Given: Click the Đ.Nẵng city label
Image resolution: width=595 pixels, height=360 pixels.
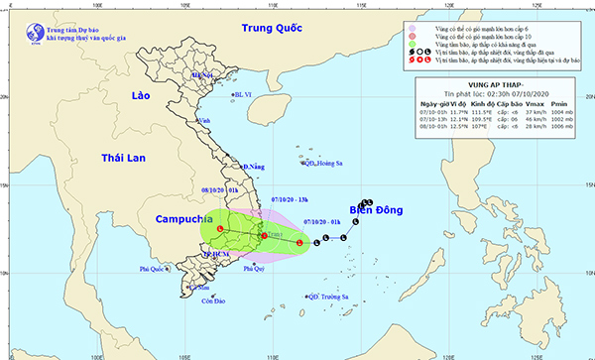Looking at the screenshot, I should pos(255,168).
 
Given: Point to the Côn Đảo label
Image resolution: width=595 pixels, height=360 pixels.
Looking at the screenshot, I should pos(213,301).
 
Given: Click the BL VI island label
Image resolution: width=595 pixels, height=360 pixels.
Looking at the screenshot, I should pos(245,95).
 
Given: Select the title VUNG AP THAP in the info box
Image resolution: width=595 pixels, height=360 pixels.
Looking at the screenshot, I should pos(497,85).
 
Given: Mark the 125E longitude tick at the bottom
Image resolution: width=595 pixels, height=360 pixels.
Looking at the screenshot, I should pos(535,352).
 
